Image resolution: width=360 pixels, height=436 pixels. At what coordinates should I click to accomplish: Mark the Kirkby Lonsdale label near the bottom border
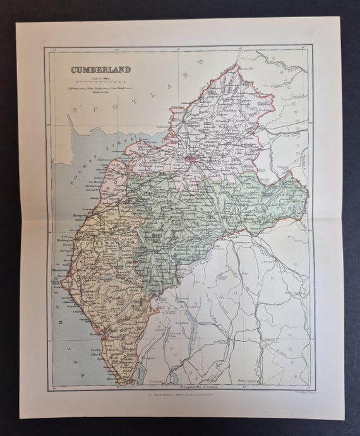click(265, 381)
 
